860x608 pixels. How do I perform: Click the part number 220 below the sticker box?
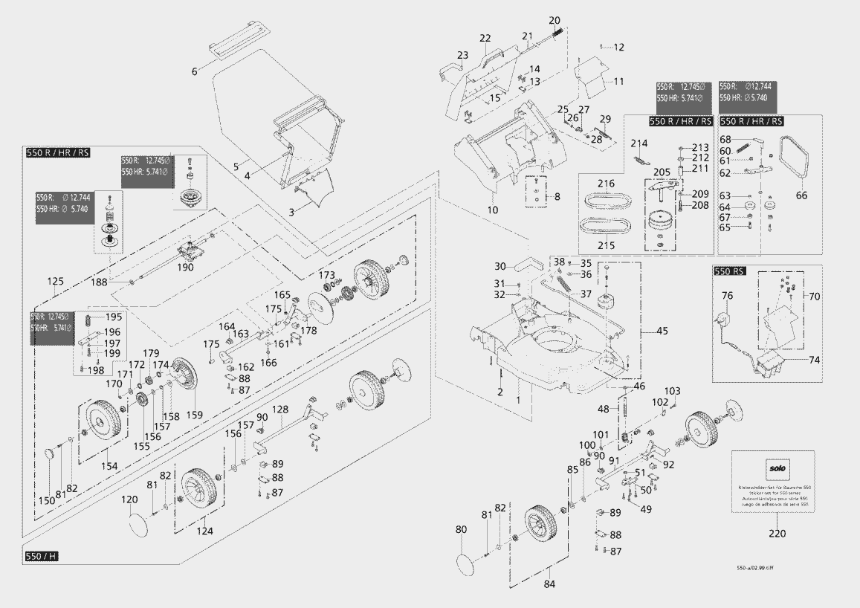coord(777,533)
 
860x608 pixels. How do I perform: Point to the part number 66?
coord(801,195)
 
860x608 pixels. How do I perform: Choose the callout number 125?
coord(55,282)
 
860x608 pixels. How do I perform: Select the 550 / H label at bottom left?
coord(41,557)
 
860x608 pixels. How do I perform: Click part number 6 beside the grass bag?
coord(195,71)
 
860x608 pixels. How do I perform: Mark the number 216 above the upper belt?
coord(606,183)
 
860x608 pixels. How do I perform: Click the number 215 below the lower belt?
coord(606,245)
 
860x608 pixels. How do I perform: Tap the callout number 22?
coord(485,38)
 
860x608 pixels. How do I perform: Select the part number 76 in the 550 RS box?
coord(728,296)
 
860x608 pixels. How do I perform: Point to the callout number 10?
coord(492,210)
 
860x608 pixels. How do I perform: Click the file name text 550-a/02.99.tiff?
coord(757,568)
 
